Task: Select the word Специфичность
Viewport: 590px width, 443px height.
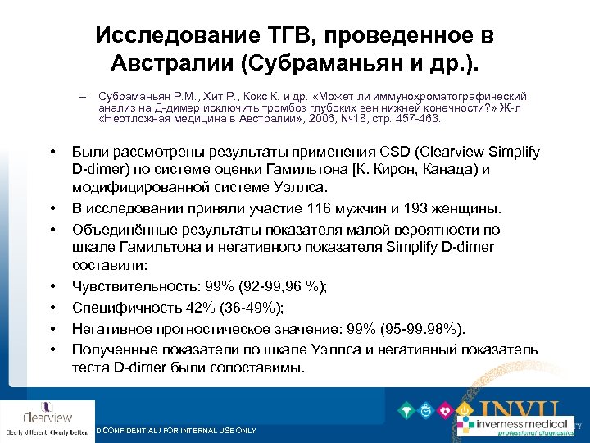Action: tap(122, 308)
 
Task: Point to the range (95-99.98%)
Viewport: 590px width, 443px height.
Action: tap(417, 330)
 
